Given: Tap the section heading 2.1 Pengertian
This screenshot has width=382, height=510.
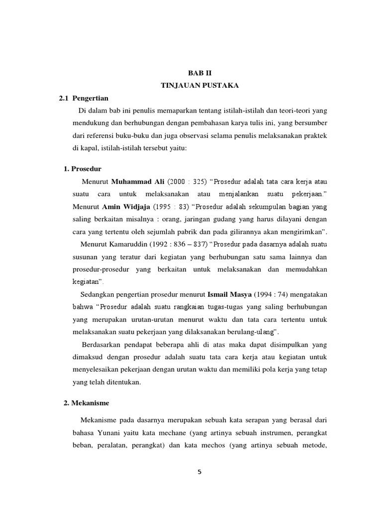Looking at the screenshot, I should (x=84, y=98).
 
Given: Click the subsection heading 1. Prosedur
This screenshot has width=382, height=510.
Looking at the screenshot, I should (x=83, y=169).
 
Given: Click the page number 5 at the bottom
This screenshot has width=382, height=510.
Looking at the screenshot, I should (x=199, y=473).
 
